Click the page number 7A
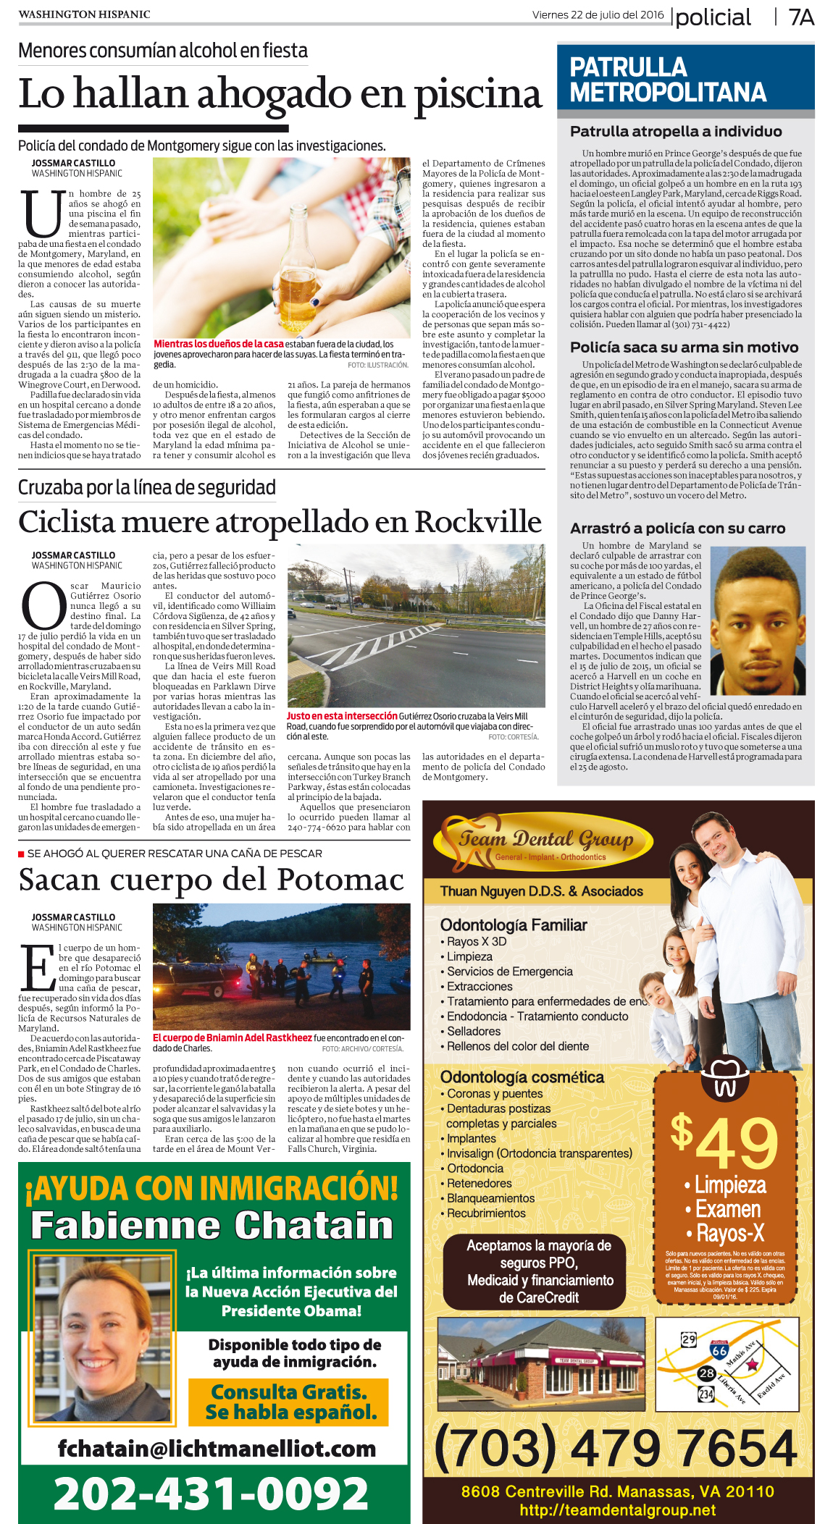click(x=801, y=17)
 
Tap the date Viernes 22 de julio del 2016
click(x=598, y=14)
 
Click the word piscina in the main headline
click(x=478, y=94)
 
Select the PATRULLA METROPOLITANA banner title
click(x=667, y=80)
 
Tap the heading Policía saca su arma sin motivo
click(x=684, y=348)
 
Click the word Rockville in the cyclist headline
click(x=478, y=522)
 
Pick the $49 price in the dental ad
click(x=724, y=1142)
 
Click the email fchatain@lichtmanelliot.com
click(x=217, y=1448)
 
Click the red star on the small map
click(x=753, y=1364)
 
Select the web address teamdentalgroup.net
click(x=617, y=1510)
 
